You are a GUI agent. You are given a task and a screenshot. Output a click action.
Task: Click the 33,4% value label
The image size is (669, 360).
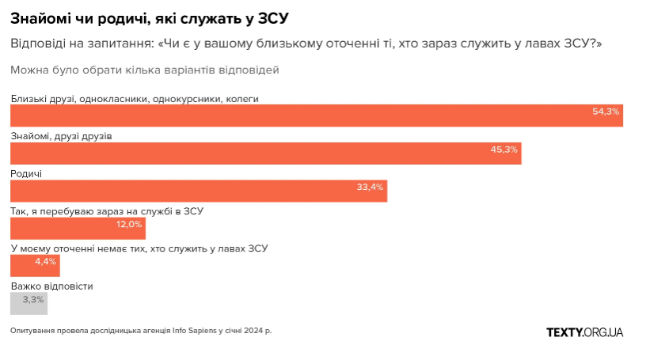click(x=370, y=188)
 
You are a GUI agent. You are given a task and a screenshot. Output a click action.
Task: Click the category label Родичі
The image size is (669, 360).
click(x=26, y=173)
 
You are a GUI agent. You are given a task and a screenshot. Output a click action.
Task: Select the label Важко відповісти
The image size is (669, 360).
click(x=51, y=286)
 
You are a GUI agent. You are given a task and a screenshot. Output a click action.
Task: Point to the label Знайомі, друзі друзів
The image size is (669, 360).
click(x=61, y=136)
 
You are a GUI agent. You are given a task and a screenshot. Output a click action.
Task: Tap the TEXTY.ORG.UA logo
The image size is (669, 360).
click(x=584, y=332)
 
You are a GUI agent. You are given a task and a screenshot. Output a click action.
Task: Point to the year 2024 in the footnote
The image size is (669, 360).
click(x=253, y=330)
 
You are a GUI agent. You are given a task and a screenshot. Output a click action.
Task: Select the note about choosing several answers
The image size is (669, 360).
click(x=145, y=70)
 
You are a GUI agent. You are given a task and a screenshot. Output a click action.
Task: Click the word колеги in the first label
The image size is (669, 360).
click(x=242, y=99)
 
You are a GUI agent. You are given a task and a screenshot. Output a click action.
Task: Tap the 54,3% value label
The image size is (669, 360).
click(x=606, y=112)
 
